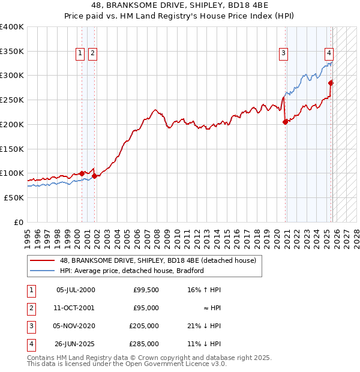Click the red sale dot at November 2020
[x=286, y=122]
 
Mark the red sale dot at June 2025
[x=331, y=83]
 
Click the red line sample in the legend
[x=43, y=260]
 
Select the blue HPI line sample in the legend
[x=43, y=271]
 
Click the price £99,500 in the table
[x=146, y=290]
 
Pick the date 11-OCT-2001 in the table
[x=75, y=308]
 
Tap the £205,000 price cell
[x=143, y=326]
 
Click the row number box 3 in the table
[x=30, y=326]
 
